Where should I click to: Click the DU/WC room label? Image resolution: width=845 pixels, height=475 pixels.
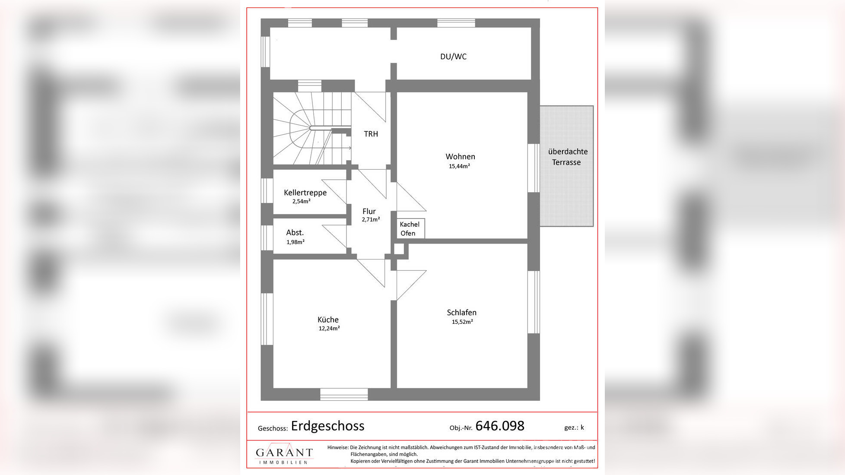click(x=453, y=57)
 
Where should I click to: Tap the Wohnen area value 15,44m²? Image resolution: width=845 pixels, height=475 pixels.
click(x=459, y=166)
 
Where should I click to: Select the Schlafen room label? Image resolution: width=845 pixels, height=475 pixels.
click(x=461, y=312)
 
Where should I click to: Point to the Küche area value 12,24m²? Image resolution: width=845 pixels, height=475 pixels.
click(x=329, y=329)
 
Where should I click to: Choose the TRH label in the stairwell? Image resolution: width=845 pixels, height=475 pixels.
click(x=371, y=134)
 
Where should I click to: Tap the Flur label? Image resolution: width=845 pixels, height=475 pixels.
click(x=369, y=211)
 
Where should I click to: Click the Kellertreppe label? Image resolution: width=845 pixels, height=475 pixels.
click(x=305, y=193)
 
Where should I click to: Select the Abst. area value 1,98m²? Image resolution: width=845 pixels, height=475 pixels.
click(x=295, y=242)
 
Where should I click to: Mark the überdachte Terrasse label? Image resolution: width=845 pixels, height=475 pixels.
click(x=567, y=157)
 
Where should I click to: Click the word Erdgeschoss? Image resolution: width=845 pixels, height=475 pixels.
click(x=327, y=426)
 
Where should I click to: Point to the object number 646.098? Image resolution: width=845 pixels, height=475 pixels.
click(x=500, y=426)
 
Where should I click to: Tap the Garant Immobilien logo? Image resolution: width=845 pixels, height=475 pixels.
click(x=284, y=453)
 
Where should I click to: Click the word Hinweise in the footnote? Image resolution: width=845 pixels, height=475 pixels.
click(x=337, y=447)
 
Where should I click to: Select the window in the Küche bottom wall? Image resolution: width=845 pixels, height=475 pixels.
click(x=344, y=394)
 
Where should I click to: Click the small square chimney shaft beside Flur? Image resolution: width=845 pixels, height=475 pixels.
click(x=399, y=249)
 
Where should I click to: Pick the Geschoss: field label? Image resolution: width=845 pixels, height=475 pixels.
click(x=273, y=428)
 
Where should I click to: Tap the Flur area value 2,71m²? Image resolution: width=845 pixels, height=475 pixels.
click(x=371, y=219)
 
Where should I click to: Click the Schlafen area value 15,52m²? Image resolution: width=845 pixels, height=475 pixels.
click(x=462, y=322)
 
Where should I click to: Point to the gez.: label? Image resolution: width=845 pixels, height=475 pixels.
click(x=571, y=427)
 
